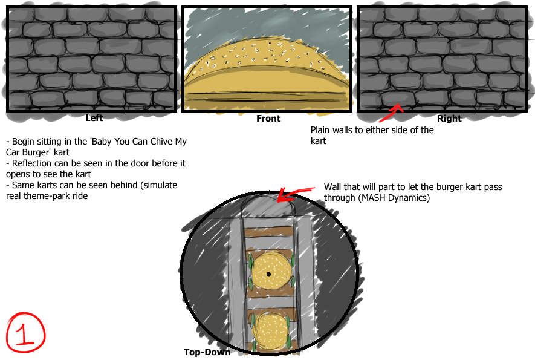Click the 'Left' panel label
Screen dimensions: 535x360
pyautogui.click(x=94, y=118)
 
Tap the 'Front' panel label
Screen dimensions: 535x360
pyautogui.click(x=268, y=119)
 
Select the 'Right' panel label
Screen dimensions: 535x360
pyautogui.click(x=449, y=119)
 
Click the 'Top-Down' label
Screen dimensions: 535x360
pyautogui.click(x=207, y=352)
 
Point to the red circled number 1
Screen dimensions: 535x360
pyautogui.click(x=25, y=332)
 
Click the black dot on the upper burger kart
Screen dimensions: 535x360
pyautogui.click(x=268, y=274)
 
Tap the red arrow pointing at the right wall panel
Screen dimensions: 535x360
pyautogui.click(x=391, y=113)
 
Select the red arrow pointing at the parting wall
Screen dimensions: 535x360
pyautogui.click(x=294, y=194)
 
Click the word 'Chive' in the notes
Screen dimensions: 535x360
pyautogui.click(x=161, y=142)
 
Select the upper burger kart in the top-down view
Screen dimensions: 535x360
pyautogui.click(x=271, y=272)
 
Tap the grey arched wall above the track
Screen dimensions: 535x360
pyautogui.click(x=268, y=205)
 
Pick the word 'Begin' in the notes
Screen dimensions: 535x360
pyautogui.click(x=23, y=142)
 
